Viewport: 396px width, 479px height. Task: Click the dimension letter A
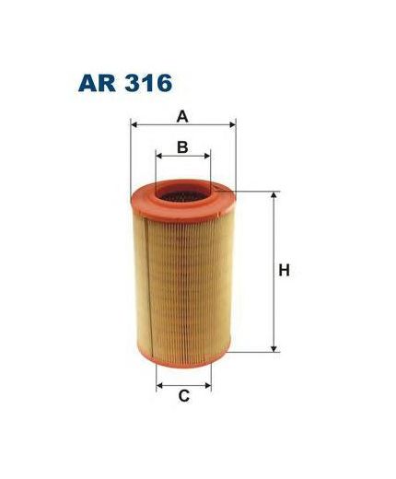click(x=182, y=117)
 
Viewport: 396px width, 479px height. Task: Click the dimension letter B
click(x=182, y=147)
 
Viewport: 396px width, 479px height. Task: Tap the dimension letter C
click(x=183, y=396)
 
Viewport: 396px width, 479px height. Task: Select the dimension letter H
click(x=284, y=271)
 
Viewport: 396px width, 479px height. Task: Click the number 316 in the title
click(x=148, y=83)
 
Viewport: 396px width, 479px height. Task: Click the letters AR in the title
click(x=97, y=83)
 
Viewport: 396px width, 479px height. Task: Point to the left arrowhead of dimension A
click(x=134, y=125)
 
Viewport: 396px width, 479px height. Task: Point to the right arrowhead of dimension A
click(x=233, y=125)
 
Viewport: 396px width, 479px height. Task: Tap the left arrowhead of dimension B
click(x=158, y=156)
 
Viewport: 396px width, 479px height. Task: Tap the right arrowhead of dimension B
click(x=207, y=156)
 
